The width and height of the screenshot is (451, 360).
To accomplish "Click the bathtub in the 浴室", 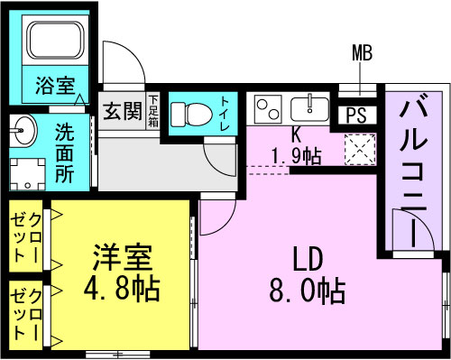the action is point(56,40).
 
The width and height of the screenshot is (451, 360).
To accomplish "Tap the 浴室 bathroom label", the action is point(55,86).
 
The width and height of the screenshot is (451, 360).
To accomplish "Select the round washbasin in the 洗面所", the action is point(23,131).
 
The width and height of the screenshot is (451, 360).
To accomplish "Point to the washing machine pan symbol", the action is point(28,174).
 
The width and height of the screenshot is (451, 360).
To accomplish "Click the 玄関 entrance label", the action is point(123,111).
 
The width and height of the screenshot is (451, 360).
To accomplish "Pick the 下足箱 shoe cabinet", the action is point(152,111).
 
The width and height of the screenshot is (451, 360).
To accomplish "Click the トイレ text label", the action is point(225,113).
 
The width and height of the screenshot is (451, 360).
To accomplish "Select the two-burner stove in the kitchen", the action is point(268,109).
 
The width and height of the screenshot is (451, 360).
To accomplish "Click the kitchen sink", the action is point(309,108).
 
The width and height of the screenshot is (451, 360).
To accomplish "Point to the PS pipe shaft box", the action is point(357,115).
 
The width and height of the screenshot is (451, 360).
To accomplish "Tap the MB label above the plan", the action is point(362,52).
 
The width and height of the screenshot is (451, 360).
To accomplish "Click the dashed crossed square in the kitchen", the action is point(360,150).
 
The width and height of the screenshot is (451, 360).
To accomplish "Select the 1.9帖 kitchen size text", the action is point(296,155).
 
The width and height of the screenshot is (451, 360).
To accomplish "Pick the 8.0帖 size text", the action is point(307,291).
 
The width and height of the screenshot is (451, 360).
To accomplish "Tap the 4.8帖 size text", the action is point(121,290).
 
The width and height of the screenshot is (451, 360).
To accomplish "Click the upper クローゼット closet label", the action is point(25,238).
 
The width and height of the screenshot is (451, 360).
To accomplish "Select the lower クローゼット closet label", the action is point(25,314).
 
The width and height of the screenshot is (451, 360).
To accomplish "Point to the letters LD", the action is point(308,259).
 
